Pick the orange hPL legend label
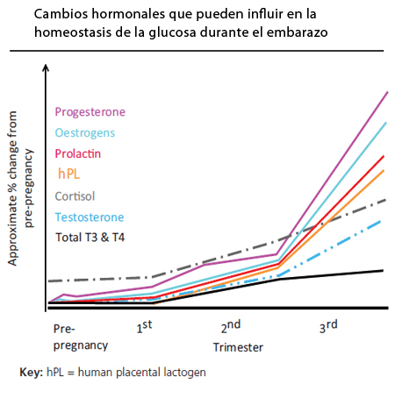pyautogui.click(x=68, y=174)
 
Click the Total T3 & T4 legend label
pyautogui.click(x=89, y=237)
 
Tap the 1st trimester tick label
pyautogui.click(x=145, y=329)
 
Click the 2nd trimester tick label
pyautogui.click(x=230, y=327)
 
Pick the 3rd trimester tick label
pyautogui.click(x=328, y=327)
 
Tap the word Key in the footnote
pyautogui.click(x=31, y=373)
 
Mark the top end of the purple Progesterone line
pyautogui.click(x=387, y=92)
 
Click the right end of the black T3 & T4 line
pyautogui.click(x=384, y=270)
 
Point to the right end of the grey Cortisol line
pyautogui.click(x=386, y=200)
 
